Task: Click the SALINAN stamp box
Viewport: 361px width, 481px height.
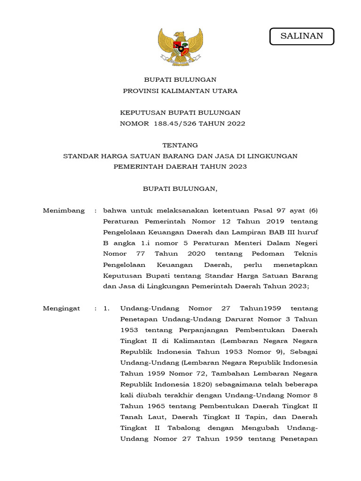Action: click(302, 36)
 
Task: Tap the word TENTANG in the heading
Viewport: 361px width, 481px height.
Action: click(180, 145)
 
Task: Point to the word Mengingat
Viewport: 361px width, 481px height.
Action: click(62, 308)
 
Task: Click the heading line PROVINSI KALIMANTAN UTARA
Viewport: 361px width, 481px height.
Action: click(180, 91)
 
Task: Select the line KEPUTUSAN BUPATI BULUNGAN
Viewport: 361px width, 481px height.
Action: click(180, 113)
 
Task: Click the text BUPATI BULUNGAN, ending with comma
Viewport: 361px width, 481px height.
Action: click(180, 189)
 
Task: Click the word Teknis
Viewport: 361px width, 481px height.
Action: click(306, 254)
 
